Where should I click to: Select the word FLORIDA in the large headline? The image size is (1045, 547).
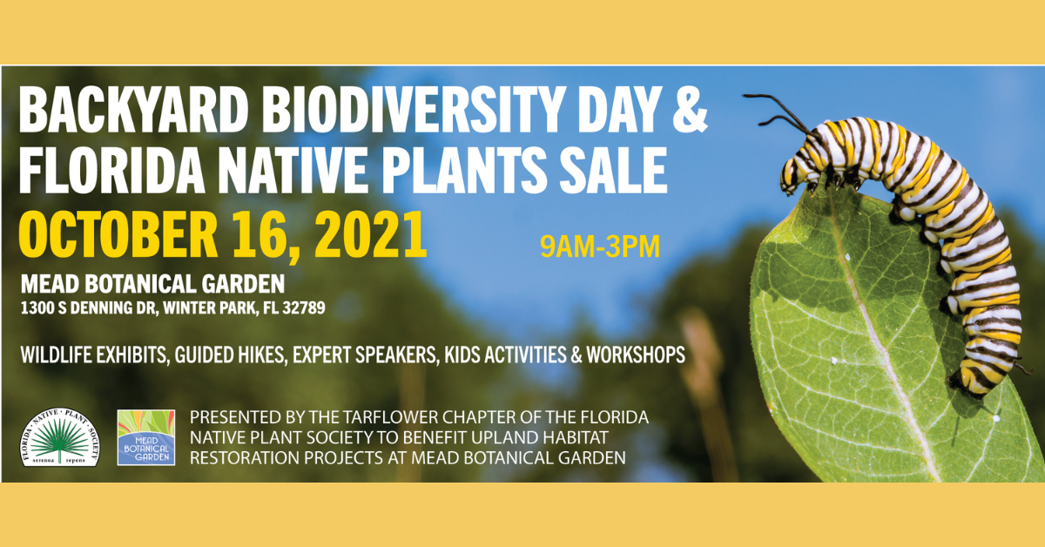coord(111,169)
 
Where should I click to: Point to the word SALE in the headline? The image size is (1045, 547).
coord(613,169)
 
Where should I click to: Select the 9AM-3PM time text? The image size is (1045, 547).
coord(600,246)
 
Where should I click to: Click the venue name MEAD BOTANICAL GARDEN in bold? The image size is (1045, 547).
coord(152,284)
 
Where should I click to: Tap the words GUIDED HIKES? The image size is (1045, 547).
coord(230,355)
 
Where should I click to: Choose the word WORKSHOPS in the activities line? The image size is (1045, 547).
coord(636,355)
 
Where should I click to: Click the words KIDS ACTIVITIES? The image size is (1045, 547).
coord(505,355)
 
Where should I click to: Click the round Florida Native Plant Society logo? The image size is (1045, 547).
coord(60,437)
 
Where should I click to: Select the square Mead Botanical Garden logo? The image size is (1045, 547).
coord(146,437)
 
